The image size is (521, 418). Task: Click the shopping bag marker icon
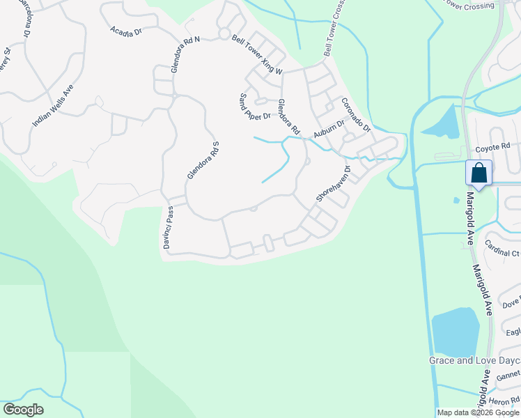pyautogui.click(x=479, y=172)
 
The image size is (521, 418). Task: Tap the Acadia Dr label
pyautogui.click(x=126, y=31)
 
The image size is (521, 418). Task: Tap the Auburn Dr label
pyautogui.click(x=329, y=128)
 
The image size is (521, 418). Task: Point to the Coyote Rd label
pyautogui.click(x=493, y=148)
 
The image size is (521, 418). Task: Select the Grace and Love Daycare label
pyautogui.click(x=474, y=360)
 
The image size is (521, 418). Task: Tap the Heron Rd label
pyautogui.click(x=504, y=401)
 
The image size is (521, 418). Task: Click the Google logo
pyautogui.click(x=23, y=410)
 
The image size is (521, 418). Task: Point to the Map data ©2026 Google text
pyautogui.click(x=479, y=412)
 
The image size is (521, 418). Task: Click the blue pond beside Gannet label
pyautogui.click(x=456, y=332)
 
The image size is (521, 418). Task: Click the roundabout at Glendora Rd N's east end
pyautogui.click(x=224, y=33)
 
